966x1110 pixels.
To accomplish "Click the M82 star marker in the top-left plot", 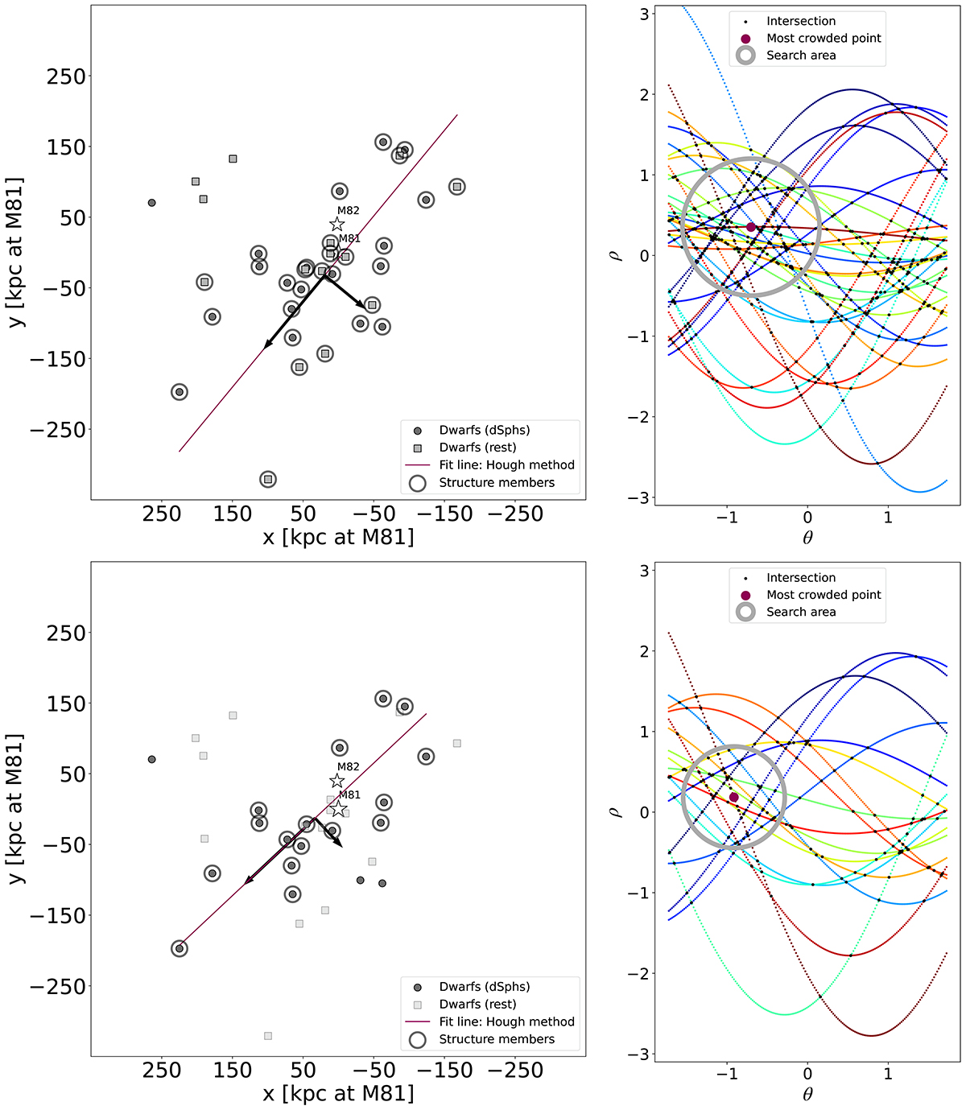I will (x=337, y=225).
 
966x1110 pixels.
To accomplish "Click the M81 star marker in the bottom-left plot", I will (x=339, y=808).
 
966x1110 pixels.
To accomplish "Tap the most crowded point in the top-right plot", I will (x=751, y=227).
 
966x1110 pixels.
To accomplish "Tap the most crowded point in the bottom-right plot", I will (x=733, y=797).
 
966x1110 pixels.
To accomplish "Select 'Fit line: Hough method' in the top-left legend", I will (x=506, y=464).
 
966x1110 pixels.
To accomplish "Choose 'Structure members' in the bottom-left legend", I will (x=496, y=1039).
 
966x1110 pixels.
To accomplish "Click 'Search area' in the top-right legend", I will (x=800, y=55).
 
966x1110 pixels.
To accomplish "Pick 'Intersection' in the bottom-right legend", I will (x=800, y=577).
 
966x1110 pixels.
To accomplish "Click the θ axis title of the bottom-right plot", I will (x=807, y=1094).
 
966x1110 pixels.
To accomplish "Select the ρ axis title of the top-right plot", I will (x=617, y=255).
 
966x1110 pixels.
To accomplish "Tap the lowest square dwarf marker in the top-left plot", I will (x=268, y=480).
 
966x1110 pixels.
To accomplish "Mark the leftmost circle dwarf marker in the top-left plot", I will (x=151, y=203).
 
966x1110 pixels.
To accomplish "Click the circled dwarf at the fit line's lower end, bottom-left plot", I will (x=180, y=948).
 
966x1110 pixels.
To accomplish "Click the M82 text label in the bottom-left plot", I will (x=348, y=767).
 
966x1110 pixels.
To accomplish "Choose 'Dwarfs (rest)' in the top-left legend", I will (x=477, y=448).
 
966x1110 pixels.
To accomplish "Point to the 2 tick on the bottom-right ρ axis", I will (x=643, y=651).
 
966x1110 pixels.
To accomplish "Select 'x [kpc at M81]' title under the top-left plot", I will (x=338, y=536).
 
